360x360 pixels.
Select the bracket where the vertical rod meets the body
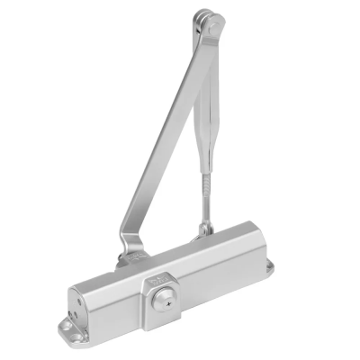point(206,229)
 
